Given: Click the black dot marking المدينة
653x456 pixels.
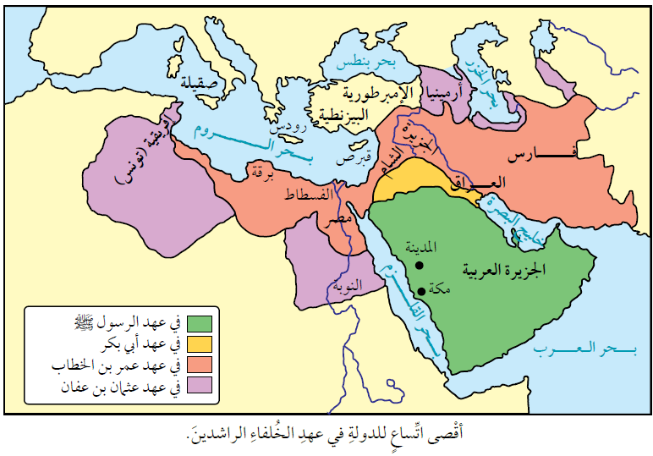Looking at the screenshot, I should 419,266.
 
